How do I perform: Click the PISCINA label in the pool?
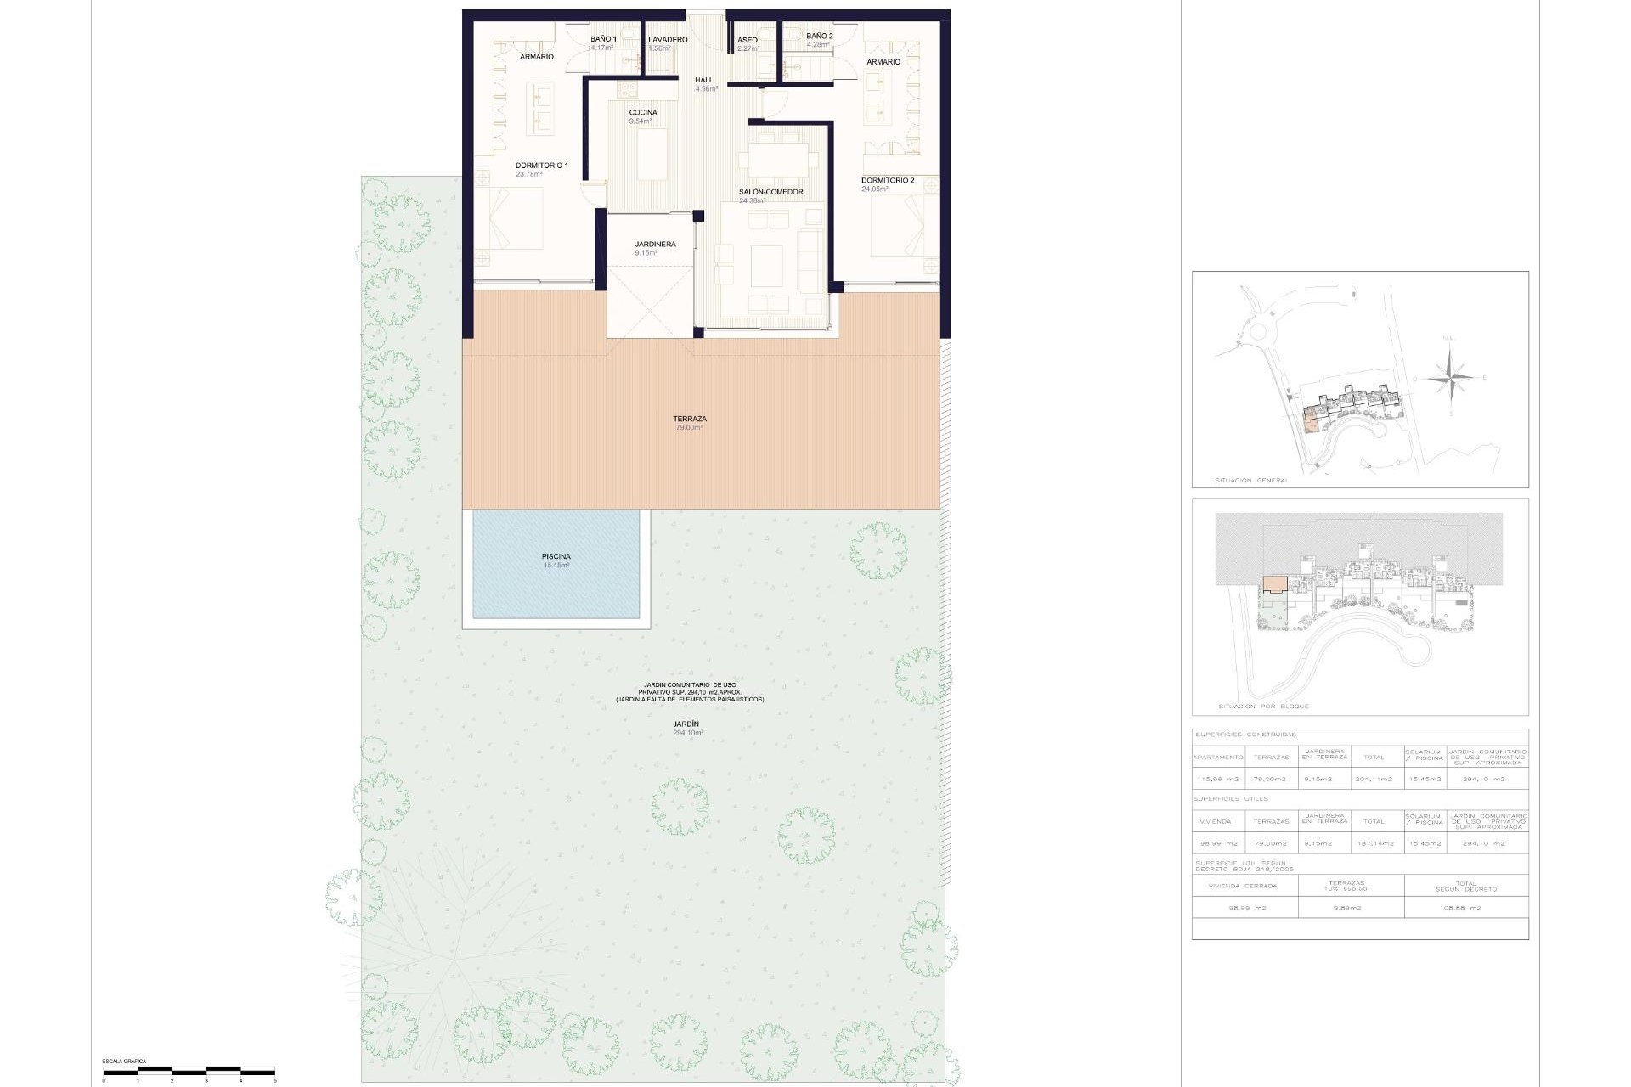(556, 557)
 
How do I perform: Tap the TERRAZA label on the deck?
(689, 420)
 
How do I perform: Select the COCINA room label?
(642, 113)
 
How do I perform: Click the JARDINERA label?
(655, 245)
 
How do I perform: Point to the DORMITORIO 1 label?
(541, 166)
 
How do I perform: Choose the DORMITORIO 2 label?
(887, 181)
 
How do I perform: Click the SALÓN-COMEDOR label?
(770, 193)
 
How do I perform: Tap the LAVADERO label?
(667, 40)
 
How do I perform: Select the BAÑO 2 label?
(819, 37)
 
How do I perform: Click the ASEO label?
(747, 40)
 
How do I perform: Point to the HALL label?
(704, 81)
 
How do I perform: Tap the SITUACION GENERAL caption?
(1251, 481)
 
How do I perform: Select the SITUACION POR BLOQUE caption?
(1263, 707)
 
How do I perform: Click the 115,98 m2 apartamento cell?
(1217, 779)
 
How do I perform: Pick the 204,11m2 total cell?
(1373, 779)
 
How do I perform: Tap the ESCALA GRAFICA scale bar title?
(124, 1062)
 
